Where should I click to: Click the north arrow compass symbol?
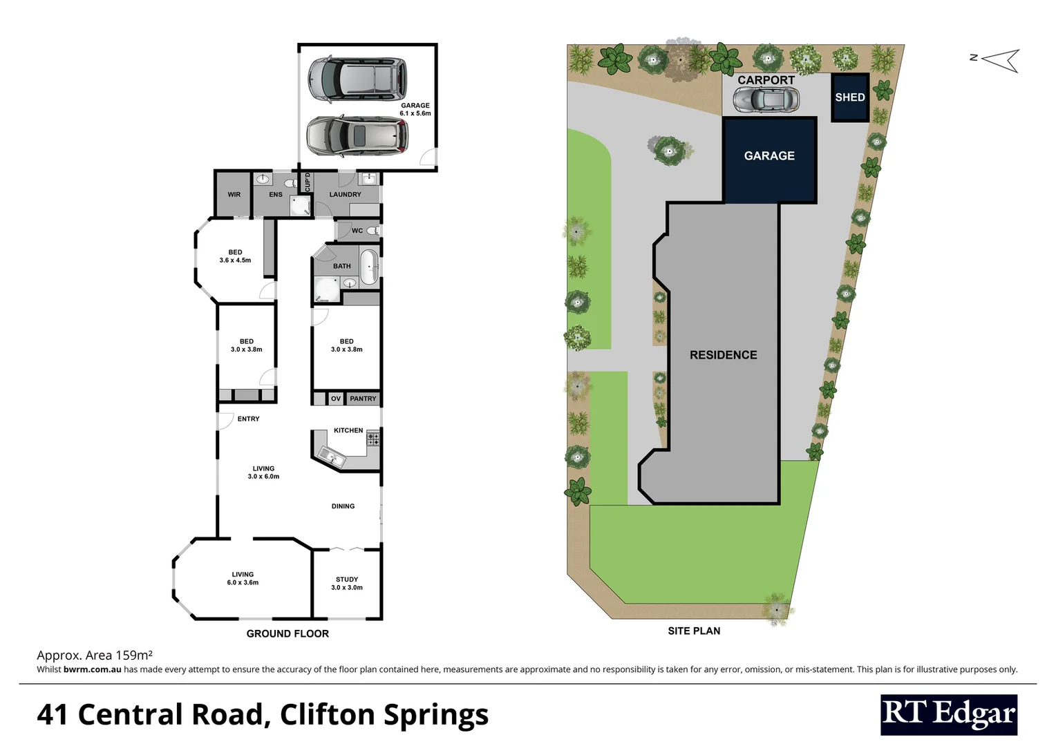[1001, 60]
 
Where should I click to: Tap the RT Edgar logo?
[949, 714]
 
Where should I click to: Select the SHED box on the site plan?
[849, 97]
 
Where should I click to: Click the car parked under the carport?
[766, 101]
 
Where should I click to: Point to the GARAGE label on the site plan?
[769, 156]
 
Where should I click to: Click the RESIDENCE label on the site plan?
[723, 355]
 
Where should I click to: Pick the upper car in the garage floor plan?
[357, 75]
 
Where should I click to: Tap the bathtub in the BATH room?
[370, 267]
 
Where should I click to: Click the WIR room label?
[234, 195]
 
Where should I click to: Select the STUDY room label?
[347, 580]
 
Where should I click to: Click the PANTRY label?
[363, 399]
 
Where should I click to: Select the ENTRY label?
[248, 419]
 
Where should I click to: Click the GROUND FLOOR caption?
[287, 633]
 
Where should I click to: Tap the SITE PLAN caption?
[694, 631]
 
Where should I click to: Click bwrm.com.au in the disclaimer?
[93, 669]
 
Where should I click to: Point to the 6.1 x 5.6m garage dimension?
[415, 113]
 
